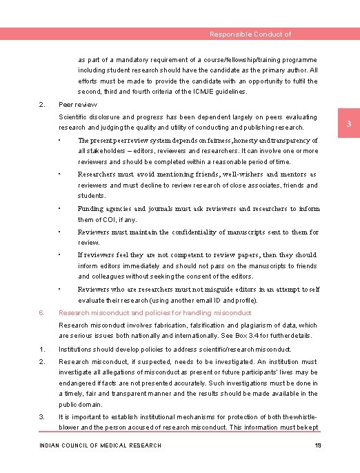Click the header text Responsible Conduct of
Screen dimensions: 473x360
click(x=250, y=34)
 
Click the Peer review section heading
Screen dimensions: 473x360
click(x=78, y=104)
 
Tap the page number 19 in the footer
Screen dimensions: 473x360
click(x=318, y=445)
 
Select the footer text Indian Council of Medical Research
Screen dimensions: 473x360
click(x=100, y=445)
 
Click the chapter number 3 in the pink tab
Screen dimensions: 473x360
click(x=349, y=124)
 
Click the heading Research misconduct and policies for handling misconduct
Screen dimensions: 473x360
click(x=155, y=312)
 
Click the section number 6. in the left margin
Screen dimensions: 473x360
click(x=42, y=312)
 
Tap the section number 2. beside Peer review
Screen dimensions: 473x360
click(x=42, y=104)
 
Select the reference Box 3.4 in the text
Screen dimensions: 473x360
click(x=250, y=336)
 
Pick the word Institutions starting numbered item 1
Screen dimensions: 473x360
click(x=77, y=350)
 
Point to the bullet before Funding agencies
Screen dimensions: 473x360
click(x=61, y=208)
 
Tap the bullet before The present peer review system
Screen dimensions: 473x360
click(x=61, y=140)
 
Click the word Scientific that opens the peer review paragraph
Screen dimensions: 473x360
click(x=74, y=117)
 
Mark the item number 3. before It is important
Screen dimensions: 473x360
click(x=42, y=417)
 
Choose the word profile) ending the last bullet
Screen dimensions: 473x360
click(x=246, y=301)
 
